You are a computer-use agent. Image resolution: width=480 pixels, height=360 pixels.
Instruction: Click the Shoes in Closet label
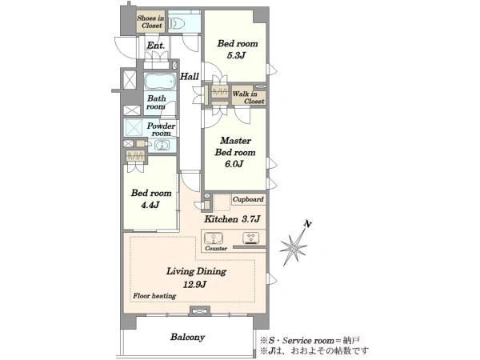click(x=150, y=22)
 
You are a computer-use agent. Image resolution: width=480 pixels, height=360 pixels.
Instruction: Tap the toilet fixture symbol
click(x=178, y=23)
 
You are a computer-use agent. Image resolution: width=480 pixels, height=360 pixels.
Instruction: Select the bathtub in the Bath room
click(x=160, y=82)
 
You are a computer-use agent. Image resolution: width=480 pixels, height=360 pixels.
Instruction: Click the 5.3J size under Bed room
click(x=236, y=56)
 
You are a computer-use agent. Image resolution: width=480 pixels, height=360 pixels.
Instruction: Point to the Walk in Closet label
click(x=248, y=98)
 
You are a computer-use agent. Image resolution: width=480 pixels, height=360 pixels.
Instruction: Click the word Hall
click(x=189, y=76)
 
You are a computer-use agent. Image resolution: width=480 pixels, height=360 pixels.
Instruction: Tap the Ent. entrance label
click(x=156, y=46)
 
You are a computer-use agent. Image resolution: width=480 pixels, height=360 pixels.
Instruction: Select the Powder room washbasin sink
click(x=162, y=145)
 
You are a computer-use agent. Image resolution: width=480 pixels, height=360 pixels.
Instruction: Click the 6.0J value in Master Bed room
click(x=234, y=164)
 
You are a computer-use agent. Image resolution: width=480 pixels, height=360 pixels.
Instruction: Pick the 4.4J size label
click(x=150, y=205)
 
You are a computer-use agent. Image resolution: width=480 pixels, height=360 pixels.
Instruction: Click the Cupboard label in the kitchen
click(x=248, y=199)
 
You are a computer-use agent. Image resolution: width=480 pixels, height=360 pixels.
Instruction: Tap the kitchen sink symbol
click(x=214, y=238)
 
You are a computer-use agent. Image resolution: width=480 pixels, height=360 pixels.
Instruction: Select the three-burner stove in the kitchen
click(x=250, y=238)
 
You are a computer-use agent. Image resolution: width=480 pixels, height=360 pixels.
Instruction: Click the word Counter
click(x=216, y=249)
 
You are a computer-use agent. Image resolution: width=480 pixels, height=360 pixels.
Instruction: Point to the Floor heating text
click(x=154, y=296)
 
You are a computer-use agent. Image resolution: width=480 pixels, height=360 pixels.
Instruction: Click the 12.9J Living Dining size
click(x=194, y=285)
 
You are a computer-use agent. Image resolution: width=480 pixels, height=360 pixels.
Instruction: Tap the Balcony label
click(x=187, y=337)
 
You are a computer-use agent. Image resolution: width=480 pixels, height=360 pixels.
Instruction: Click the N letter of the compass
click(x=308, y=224)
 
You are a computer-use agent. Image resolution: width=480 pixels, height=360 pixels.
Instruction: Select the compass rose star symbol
click(x=294, y=246)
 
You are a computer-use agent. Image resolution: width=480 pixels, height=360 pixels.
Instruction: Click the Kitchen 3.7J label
click(x=232, y=219)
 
